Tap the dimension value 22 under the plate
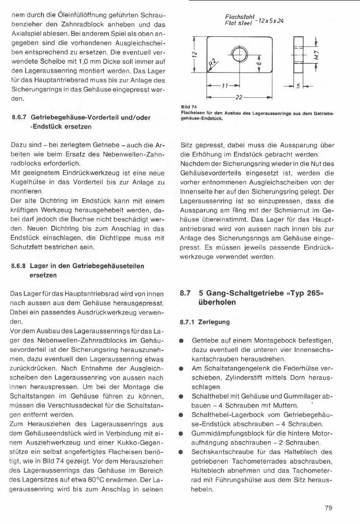click(x=239, y=96)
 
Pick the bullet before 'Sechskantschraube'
click(x=181, y=452)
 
